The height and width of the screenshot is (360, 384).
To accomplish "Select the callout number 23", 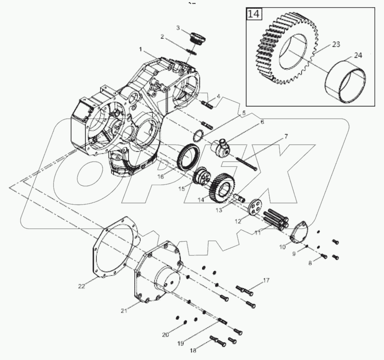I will [x=336, y=45].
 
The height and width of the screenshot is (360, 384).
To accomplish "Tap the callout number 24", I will [x=357, y=56].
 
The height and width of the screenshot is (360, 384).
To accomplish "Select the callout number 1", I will [x=140, y=49].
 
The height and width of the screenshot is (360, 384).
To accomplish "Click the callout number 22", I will [x=81, y=286].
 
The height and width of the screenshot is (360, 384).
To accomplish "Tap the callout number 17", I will [x=266, y=280].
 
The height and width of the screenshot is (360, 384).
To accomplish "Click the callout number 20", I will [x=165, y=334].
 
